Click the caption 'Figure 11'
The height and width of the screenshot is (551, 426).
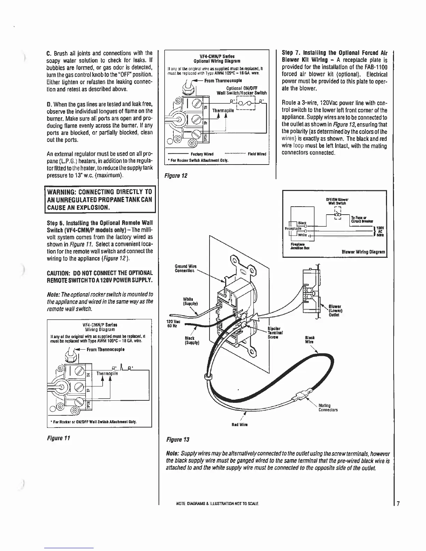(x=58, y=438)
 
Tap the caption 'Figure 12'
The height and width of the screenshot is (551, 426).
(x=177, y=176)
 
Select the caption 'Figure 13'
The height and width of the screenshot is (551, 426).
(x=178, y=440)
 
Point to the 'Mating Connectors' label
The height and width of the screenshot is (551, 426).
(x=328, y=408)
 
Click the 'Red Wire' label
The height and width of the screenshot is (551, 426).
(x=242, y=425)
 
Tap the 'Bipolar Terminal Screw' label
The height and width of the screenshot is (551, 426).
(x=275, y=333)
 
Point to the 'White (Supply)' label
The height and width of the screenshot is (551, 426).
(x=190, y=301)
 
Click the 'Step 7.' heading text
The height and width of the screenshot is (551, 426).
(x=291, y=53)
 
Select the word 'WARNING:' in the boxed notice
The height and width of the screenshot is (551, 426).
(x=62, y=192)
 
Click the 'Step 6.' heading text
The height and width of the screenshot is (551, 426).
(x=56, y=223)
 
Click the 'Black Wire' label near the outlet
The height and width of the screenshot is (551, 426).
(x=309, y=340)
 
